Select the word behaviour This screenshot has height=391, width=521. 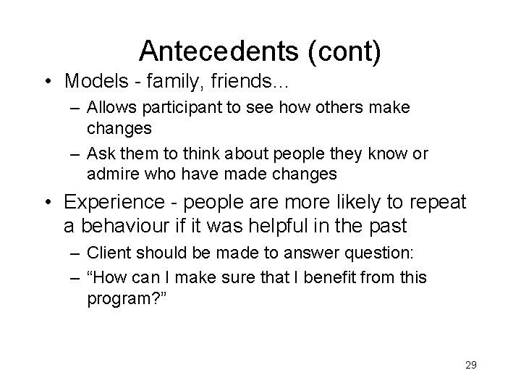(x=125, y=225)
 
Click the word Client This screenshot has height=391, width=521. (x=106, y=254)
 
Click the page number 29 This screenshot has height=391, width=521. (x=471, y=366)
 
